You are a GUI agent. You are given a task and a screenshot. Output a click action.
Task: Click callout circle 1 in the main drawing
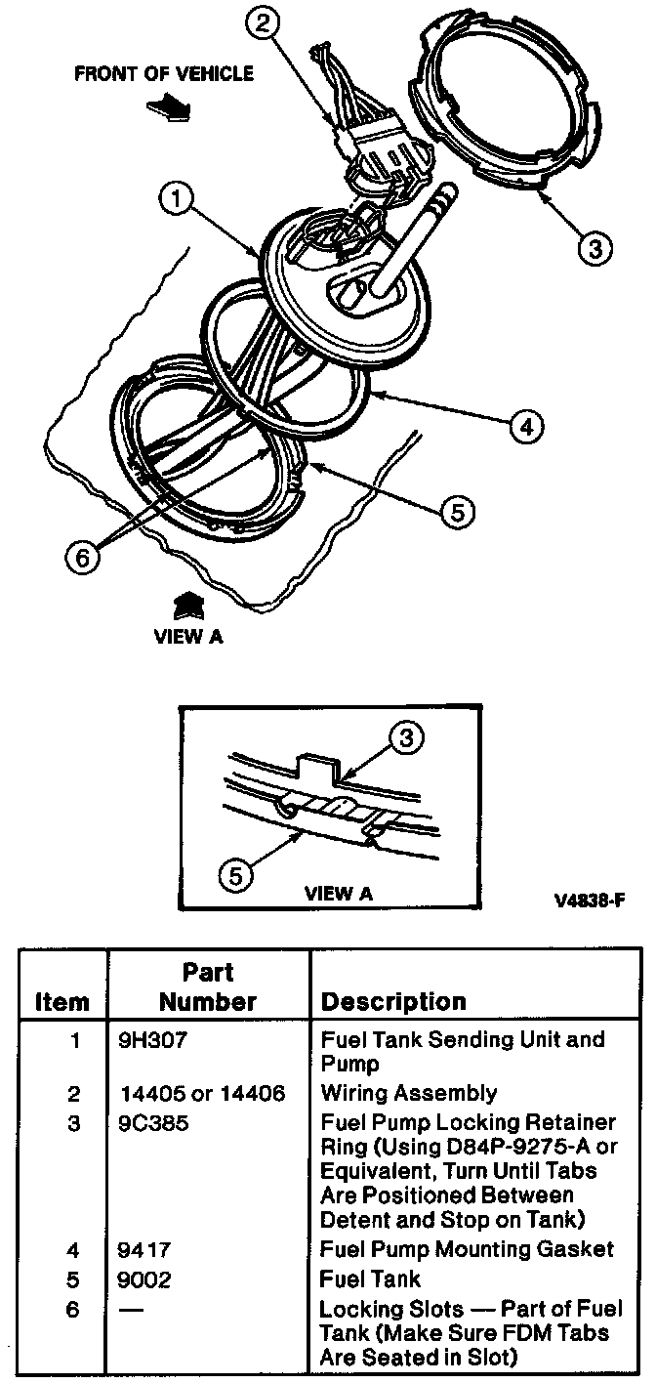[x=177, y=202]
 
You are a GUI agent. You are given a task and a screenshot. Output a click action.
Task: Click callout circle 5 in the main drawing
[x=459, y=511]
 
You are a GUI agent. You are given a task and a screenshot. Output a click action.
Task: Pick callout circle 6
[x=83, y=557]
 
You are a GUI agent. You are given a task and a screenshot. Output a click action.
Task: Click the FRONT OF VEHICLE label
[x=163, y=74]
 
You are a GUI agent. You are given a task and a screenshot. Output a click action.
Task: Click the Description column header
[x=393, y=1001]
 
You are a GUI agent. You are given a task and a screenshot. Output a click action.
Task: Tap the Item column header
[x=61, y=1002]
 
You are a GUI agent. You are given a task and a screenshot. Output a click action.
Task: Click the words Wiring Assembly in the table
[x=408, y=1093]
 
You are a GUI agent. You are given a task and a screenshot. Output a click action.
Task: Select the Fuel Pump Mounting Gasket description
[x=467, y=1249]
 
